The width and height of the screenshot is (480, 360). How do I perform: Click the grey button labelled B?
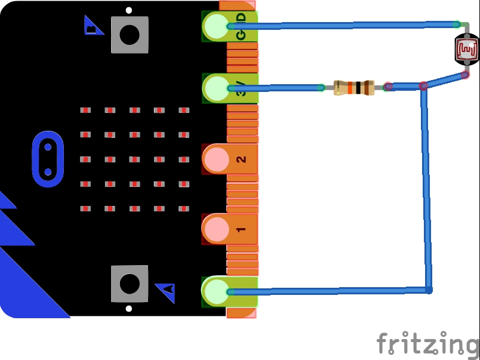coord(129,34)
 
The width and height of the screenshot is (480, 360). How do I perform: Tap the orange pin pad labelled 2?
coord(217,159)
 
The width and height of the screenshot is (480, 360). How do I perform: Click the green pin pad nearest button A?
coord(216,292)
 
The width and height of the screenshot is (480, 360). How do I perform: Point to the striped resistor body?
coord(353,88)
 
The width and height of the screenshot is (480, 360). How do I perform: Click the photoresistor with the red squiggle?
coord(466,50)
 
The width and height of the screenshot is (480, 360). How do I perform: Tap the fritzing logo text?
coord(427,344)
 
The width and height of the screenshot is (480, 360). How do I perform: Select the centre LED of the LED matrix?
coord(134,159)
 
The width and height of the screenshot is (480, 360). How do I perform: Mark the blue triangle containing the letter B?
coord(93,26)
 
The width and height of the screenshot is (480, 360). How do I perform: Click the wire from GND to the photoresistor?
coord(340,25)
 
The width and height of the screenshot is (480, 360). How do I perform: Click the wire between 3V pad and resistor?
coord(275,88)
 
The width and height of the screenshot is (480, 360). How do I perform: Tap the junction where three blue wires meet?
coord(423,87)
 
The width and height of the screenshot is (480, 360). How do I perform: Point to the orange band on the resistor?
coord(350,88)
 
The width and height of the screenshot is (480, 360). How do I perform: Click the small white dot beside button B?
coord(129,11)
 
